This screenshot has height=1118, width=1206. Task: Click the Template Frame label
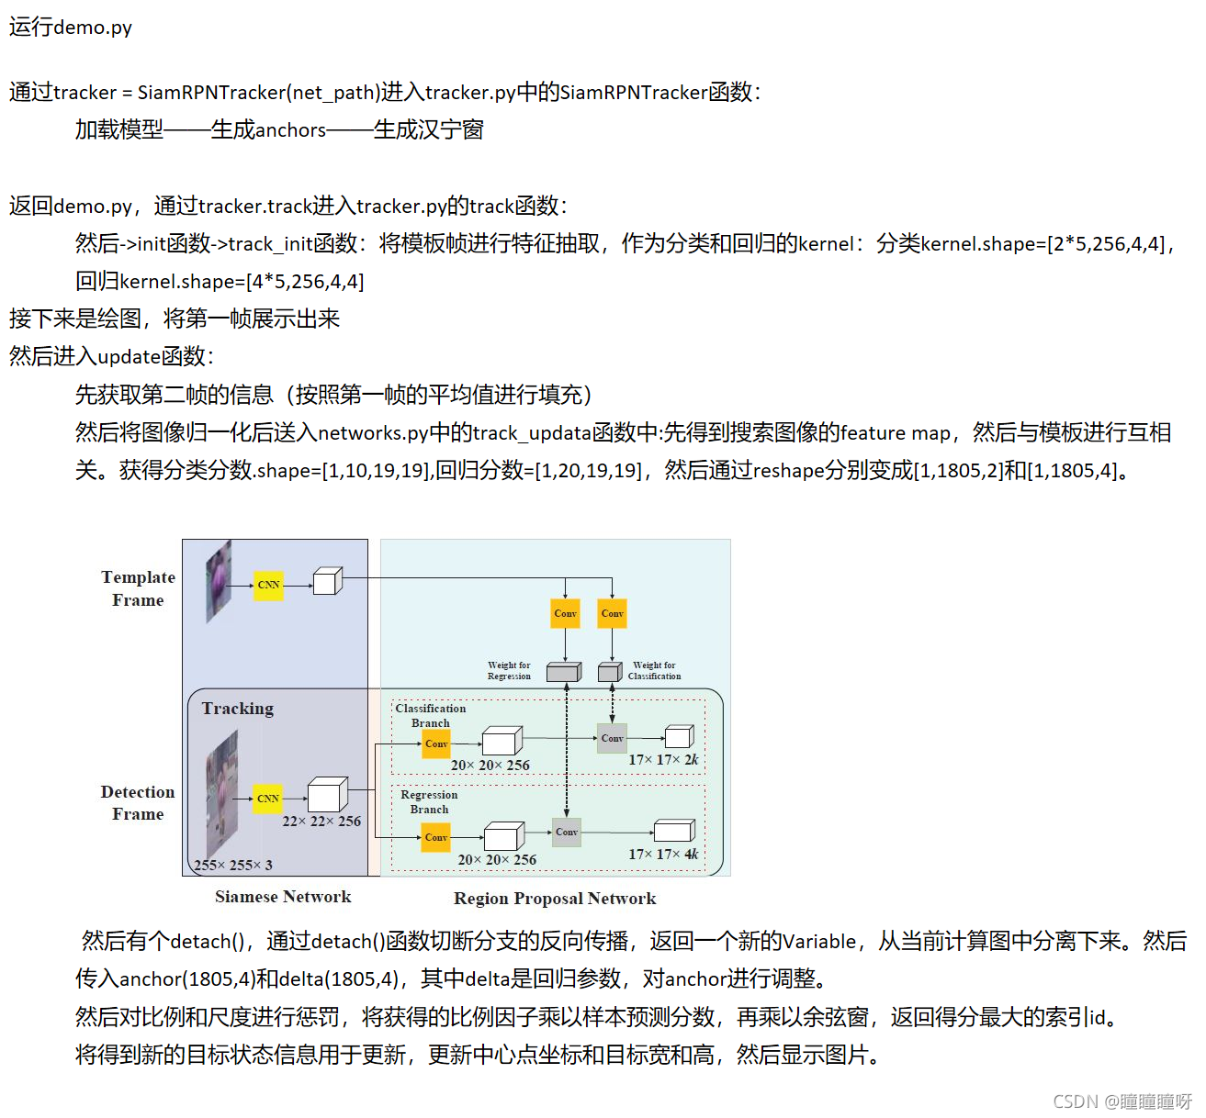coord(138,588)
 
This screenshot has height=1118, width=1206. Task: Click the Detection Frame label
coord(138,803)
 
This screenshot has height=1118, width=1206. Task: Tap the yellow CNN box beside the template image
coord(268,585)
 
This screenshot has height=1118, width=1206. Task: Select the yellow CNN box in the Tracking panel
coord(268,799)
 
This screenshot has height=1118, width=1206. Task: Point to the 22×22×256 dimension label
coord(321,822)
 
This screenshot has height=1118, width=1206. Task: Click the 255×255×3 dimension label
coord(233,865)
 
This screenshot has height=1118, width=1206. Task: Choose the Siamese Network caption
coord(283,897)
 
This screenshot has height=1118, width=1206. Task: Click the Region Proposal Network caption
coord(555,899)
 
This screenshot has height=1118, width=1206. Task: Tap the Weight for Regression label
coord(509,670)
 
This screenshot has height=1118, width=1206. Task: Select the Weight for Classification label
coord(654,670)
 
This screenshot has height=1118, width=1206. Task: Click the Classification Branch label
coord(430,715)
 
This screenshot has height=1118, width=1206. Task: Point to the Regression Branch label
coord(429,802)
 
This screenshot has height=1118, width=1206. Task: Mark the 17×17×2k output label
coord(663,759)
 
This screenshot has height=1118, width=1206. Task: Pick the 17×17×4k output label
coord(663,854)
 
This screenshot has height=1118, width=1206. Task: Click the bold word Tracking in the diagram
coord(238,709)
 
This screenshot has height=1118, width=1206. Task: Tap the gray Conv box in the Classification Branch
coord(613,738)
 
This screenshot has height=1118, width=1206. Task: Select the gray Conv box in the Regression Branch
coord(567,833)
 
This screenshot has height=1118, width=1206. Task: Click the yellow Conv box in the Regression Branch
coord(436,837)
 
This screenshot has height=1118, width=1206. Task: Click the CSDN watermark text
coord(1121,1101)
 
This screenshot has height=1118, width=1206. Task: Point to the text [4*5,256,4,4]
coord(305,282)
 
